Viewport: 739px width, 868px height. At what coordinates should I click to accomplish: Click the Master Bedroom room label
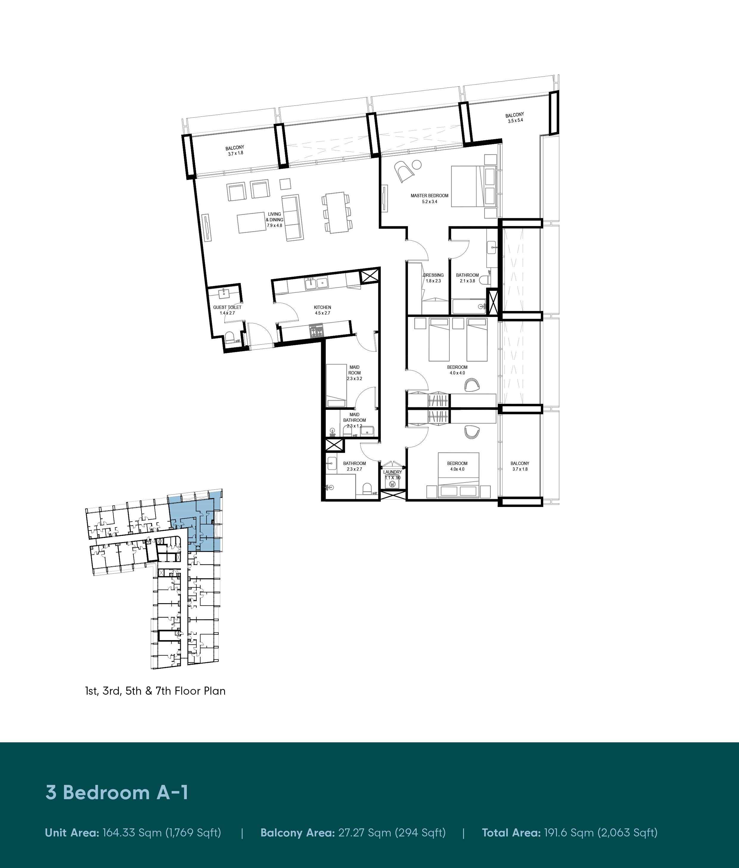pos(429,195)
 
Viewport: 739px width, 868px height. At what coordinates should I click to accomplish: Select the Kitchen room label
pos(323,307)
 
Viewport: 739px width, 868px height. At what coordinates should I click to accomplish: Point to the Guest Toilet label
pos(227,307)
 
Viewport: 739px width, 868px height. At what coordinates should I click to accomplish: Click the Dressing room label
pos(433,275)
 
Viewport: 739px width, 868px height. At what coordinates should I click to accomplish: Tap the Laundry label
pos(392,472)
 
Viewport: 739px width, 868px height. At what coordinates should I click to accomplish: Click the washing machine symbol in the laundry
pos(392,484)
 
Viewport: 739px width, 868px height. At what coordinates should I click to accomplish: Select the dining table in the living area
pos(336,213)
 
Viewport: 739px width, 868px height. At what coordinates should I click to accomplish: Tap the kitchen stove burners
pos(316,331)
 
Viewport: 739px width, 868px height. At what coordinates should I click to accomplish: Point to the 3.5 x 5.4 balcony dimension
pos(515,121)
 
